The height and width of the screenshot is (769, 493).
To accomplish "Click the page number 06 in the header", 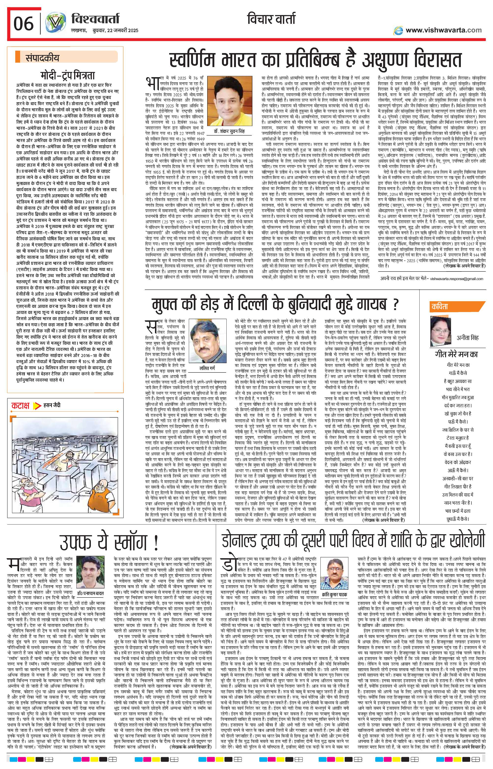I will coord(23,23).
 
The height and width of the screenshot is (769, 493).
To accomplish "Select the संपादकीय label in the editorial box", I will coord(42,58).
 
